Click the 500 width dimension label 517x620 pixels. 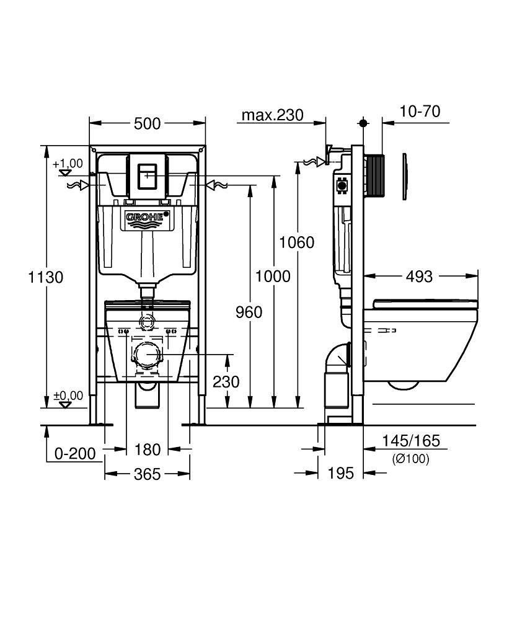(147, 124)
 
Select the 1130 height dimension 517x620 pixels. (46, 277)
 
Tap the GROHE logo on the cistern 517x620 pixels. (147, 216)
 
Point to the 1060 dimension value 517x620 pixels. (297, 242)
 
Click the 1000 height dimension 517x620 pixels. (273, 276)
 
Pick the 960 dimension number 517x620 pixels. (249, 312)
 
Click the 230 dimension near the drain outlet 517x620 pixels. (226, 381)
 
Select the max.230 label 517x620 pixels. (272, 115)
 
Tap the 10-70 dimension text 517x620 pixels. (420, 112)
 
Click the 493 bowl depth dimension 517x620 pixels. (419, 277)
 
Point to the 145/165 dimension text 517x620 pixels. (410, 440)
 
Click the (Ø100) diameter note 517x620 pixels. (410, 459)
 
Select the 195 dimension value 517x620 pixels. (341, 472)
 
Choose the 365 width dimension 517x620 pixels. (147, 474)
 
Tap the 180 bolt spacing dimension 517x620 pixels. (148, 449)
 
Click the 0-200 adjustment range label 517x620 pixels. (75, 454)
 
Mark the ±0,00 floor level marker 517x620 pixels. (68, 399)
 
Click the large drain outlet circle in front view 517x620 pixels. (148, 355)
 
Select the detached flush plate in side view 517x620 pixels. (404, 176)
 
